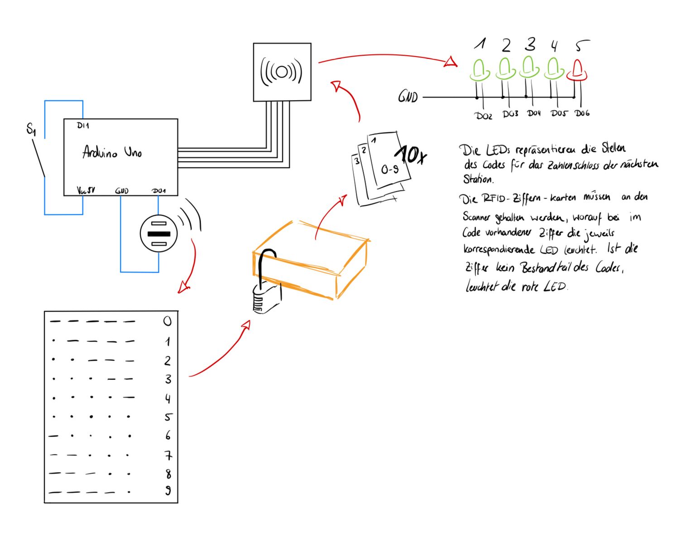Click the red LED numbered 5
point(577,70)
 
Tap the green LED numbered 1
point(480,70)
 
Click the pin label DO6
point(582,113)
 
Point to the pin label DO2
point(484,116)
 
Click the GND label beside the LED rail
point(408,97)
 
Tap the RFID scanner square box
point(282,72)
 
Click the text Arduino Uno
point(112,152)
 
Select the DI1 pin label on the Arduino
point(83,126)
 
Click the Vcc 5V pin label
point(86,190)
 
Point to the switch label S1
point(31,129)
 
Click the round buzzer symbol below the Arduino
point(159,233)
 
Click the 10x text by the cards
point(411,155)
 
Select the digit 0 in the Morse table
point(168,321)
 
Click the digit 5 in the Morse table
point(168,417)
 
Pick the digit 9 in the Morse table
point(168,490)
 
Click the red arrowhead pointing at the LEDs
point(451,62)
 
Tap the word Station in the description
point(478,179)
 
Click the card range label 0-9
point(389,170)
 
